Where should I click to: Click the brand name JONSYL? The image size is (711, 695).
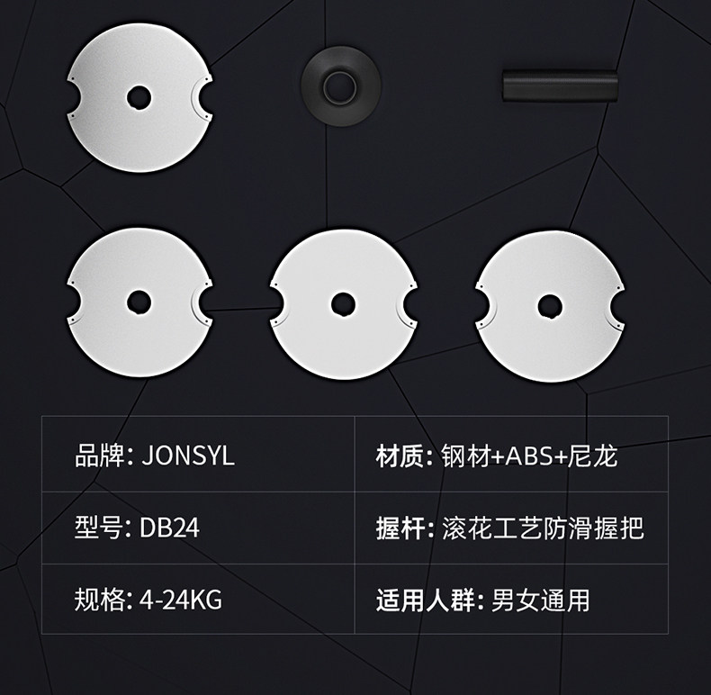188,456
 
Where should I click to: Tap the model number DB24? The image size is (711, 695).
169,528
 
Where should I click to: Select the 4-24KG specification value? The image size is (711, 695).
180,600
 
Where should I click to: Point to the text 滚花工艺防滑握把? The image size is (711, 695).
543,528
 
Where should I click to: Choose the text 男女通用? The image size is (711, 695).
540,600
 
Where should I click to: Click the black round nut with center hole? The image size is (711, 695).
339,87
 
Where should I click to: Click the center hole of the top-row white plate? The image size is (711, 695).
138,96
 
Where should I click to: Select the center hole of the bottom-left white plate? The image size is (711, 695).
138,302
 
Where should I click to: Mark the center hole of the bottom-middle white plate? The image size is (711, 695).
342,303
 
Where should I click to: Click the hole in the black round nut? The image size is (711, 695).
339,86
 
